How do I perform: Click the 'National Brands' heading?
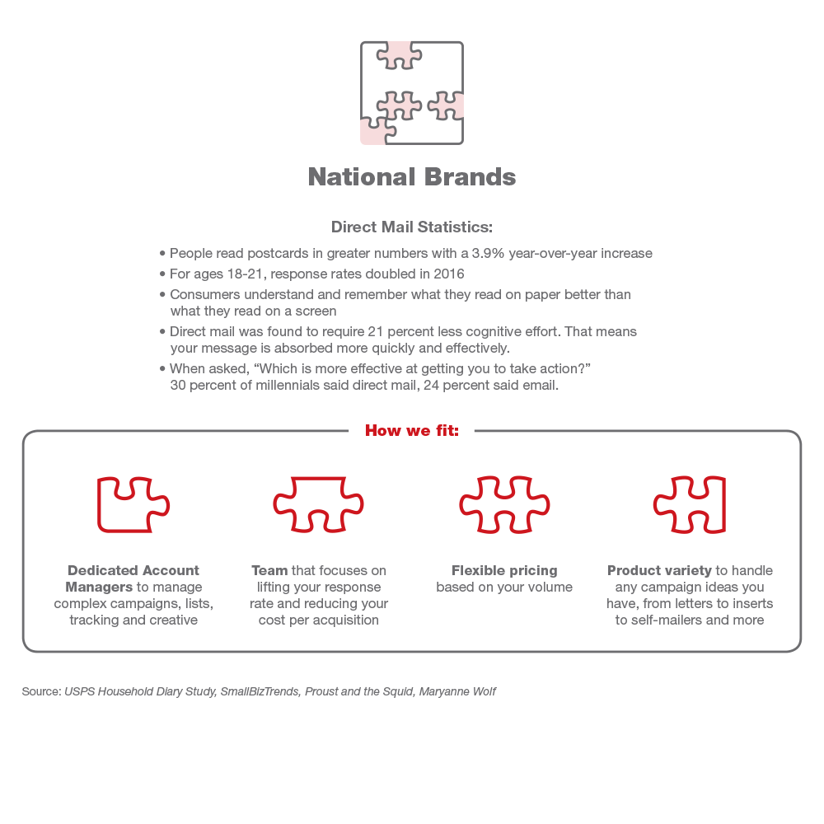pyautogui.click(x=412, y=177)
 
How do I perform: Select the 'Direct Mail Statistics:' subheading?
pyautogui.click(x=412, y=227)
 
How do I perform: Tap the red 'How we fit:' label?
pyautogui.click(x=412, y=430)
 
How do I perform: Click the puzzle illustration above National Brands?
pyautogui.click(x=412, y=93)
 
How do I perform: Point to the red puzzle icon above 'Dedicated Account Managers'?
pyautogui.click(x=133, y=504)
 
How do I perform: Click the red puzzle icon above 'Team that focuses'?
pyautogui.click(x=318, y=504)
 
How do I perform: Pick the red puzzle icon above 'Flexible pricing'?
pyautogui.click(x=504, y=504)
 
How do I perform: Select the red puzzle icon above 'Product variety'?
pyautogui.click(x=690, y=504)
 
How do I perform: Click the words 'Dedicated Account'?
pyautogui.click(x=133, y=570)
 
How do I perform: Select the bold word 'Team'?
pyautogui.click(x=269, y=570)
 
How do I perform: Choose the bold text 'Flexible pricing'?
pyautogui.click(x=504, y=570)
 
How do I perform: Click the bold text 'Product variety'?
pyautogui.click(x=659, y=570)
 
